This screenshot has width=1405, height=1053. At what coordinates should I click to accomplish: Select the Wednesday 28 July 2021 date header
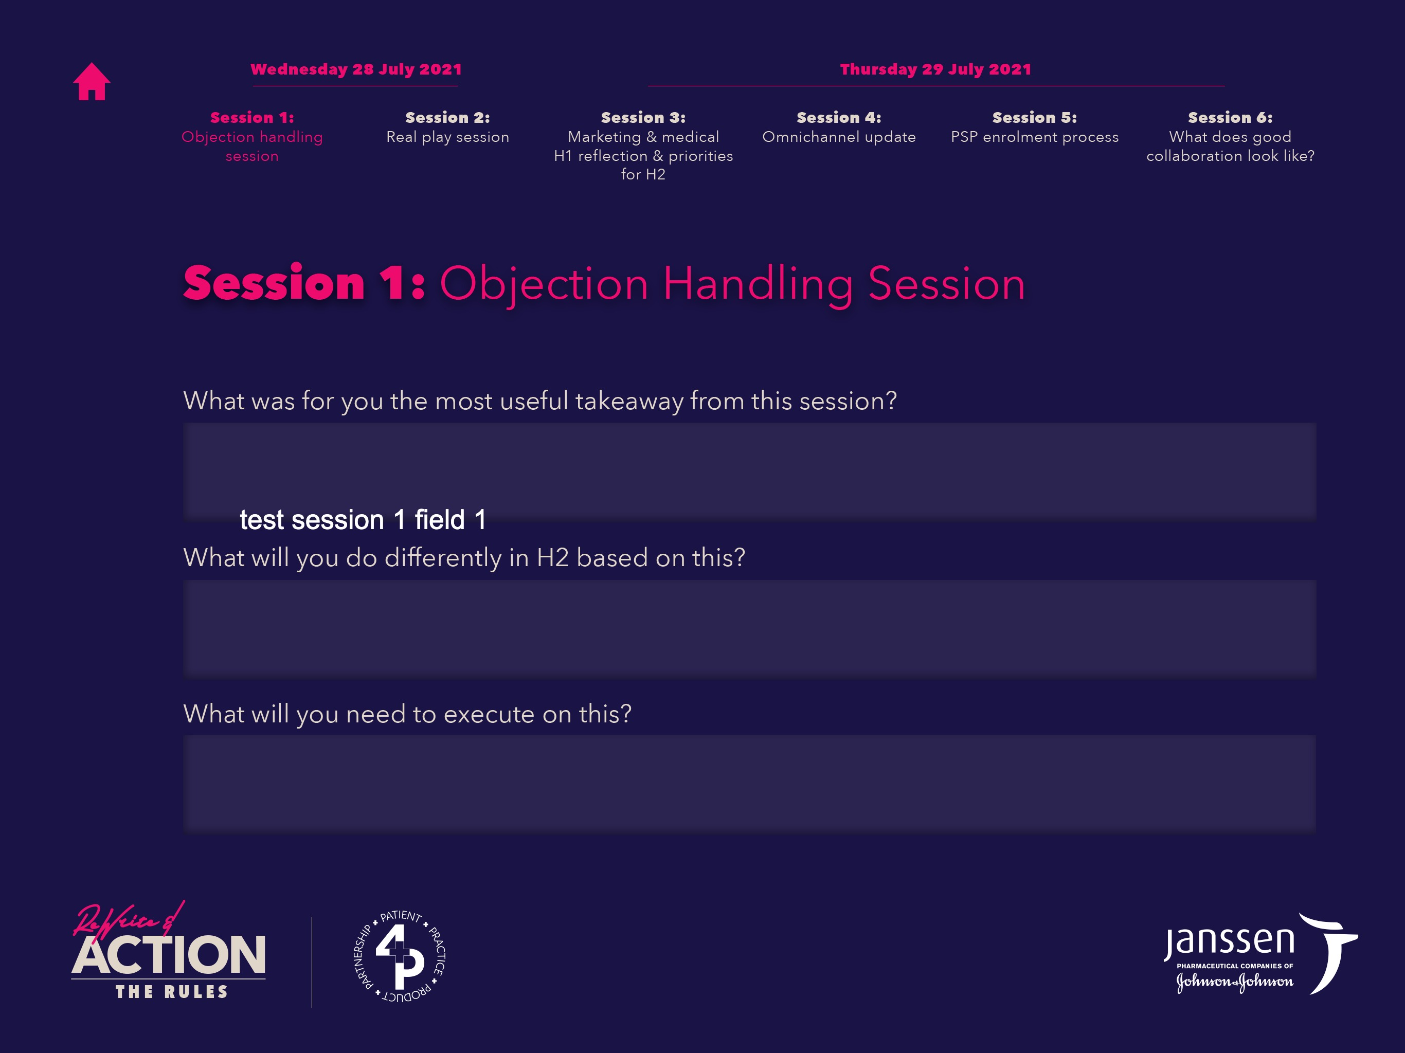[356, 69]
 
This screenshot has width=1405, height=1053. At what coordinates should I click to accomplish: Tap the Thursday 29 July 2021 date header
[935, 69]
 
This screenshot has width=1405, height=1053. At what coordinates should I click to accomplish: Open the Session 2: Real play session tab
[448, 127]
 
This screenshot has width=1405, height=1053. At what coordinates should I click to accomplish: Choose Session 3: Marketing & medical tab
[643, 146]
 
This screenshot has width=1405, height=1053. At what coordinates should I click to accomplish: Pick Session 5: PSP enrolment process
[1035, 127]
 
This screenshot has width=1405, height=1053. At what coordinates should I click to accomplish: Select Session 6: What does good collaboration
[1230, 137]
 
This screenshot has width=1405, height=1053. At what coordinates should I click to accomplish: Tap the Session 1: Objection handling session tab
[252, 137]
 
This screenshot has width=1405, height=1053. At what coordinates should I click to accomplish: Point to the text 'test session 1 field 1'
[363, 519]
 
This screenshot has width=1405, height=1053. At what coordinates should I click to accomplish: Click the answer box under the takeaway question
[749, 471]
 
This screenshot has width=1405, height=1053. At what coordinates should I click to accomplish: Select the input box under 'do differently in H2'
[749, 628]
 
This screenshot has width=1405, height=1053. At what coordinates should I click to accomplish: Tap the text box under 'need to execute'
[749, 784]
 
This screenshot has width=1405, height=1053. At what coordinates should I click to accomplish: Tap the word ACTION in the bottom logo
[168, 955]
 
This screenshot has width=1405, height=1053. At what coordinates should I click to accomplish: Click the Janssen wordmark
[1229, 941]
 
